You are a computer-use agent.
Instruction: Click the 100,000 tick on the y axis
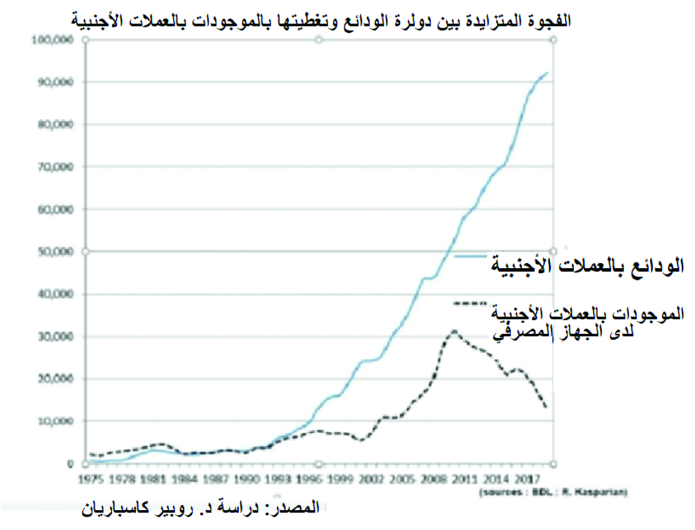coord(53,40)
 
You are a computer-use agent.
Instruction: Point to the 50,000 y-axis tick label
coord(55,252)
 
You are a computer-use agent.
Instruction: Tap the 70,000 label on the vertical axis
coord(55,167)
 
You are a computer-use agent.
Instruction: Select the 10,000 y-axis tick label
coord(55,421)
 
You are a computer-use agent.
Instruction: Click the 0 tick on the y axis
coord(70,464)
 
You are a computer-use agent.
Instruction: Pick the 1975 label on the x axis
coord(91,479)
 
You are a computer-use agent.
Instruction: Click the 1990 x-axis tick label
coord(247,479)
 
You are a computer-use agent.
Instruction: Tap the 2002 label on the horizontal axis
coord(371,479)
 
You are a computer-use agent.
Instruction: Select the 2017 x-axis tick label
coord(527,479)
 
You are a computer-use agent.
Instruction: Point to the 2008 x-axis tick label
coord(434,479)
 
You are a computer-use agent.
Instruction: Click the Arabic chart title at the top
coord(321,21)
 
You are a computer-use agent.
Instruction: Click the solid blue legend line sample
coord(469,256)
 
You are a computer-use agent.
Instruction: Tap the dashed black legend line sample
coord(469,304)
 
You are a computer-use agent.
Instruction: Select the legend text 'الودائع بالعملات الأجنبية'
coord(587,266)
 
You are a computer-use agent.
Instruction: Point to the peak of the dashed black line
coord(454,332)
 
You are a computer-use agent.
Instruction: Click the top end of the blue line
coord(547,73)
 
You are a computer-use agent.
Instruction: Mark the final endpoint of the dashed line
coord(546,407)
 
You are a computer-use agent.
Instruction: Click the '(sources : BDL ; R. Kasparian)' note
coord(553,492)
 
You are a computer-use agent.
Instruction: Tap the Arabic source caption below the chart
coord(201,508)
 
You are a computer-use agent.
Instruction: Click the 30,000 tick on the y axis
coord(55,336)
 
